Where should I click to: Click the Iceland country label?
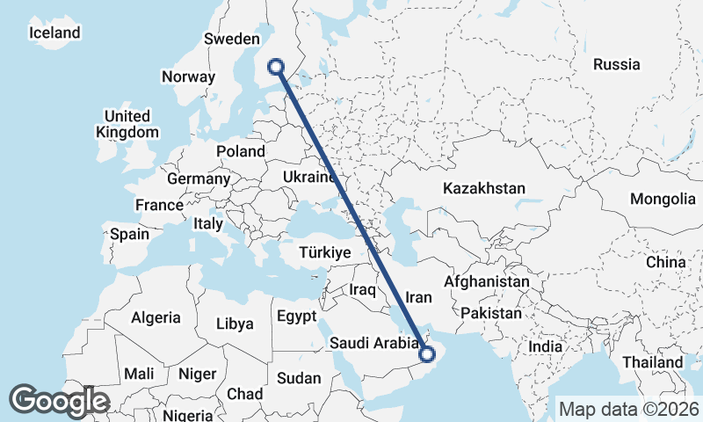54,33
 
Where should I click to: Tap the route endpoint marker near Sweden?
276,66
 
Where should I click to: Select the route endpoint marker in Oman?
428,355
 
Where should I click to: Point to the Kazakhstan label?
484,188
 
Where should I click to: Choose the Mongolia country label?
661,199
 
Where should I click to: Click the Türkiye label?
325,252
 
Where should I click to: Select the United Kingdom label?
127,125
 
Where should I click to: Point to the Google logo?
59,401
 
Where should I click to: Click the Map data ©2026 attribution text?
628,409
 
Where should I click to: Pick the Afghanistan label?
488,282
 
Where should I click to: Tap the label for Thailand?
652,362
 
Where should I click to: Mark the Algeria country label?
156,317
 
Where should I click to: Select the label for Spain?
130,235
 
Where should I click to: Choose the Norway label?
188,76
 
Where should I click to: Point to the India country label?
545,346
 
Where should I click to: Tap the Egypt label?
295,316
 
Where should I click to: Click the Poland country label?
240,151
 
